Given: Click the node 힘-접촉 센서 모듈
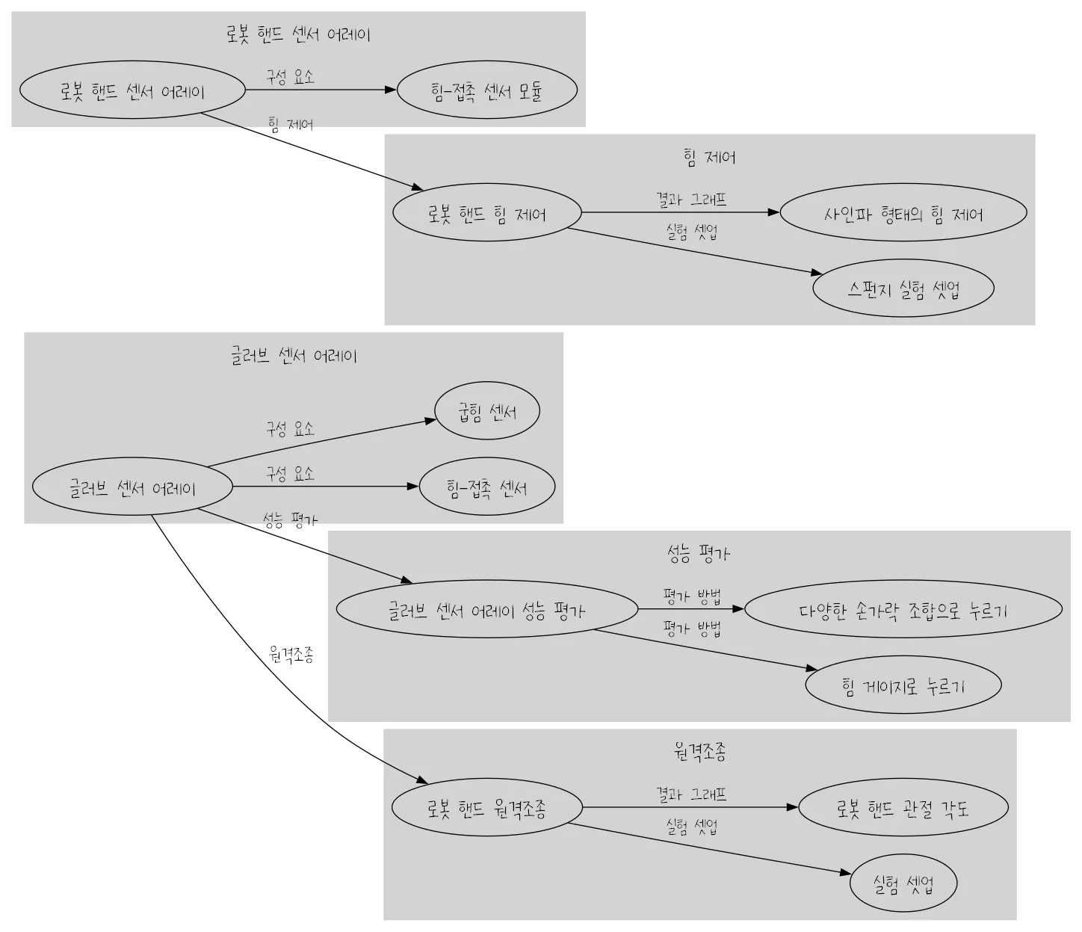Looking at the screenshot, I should (486, 90).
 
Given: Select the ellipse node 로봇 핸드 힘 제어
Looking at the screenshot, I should (486, 214).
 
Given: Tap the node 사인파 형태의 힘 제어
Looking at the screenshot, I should (903, 214).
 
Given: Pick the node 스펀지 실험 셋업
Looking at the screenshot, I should (903, 288).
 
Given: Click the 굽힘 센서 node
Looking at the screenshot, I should (487, 411).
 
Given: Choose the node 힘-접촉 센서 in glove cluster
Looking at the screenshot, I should (487, 487).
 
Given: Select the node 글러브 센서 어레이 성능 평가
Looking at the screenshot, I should (486, 610).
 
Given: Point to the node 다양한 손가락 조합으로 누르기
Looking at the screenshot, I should (903, 610).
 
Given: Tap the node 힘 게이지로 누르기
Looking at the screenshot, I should (903, 685).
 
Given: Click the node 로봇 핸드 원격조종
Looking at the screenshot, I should (486, 808).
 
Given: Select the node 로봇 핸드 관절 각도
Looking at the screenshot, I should (903, 808).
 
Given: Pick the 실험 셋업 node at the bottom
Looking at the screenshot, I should (903, 883).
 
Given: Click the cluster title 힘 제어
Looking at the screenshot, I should (709, 157).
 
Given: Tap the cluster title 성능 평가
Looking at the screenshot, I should (699, 553).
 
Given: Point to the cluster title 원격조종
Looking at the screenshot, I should (699, 751).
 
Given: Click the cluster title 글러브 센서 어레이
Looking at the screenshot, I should (293, 355).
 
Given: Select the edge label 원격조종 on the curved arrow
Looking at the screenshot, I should (291, 655).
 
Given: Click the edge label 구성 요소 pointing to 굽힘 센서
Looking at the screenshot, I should (290, 429).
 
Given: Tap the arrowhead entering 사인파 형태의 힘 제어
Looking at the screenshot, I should (773, 213).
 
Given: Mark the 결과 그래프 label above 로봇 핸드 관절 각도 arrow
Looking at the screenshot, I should (691, 794).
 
